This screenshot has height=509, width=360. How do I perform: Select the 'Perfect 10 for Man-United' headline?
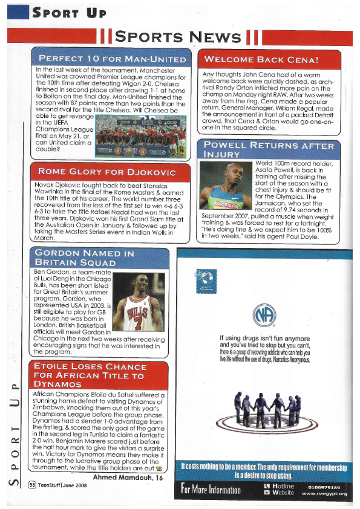coord(113,59)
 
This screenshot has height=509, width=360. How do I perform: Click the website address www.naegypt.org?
coord(324,493)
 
